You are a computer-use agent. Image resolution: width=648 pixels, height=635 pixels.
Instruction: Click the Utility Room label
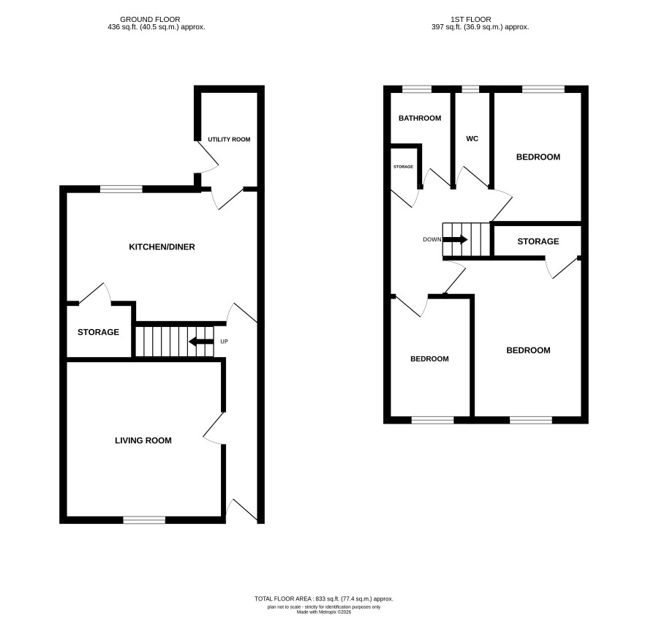click(x=229, y=139)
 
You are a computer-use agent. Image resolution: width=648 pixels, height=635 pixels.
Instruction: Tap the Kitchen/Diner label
click(x=162, y=247)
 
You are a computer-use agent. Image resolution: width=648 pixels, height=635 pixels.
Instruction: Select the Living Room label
click(x=143, y=440)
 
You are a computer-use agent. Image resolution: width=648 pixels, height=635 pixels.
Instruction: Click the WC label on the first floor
click(x=472, y=138)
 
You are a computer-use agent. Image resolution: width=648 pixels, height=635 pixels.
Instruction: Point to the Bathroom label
click(x=420, y=119)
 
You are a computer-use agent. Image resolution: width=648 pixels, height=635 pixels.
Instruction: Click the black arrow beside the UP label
click(x=201, y=342)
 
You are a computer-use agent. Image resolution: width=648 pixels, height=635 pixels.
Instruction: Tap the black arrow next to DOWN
click(x=455, y=239)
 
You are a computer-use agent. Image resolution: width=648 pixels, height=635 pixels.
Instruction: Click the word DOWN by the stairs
click(x=432, y=239)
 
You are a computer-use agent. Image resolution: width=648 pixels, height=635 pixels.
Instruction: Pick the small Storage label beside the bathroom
click(x=403, y=167)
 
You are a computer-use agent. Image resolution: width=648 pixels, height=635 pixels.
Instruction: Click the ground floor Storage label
click(x=98, y=332)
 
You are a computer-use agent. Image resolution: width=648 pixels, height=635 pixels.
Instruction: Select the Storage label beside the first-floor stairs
click(x=538, y=241)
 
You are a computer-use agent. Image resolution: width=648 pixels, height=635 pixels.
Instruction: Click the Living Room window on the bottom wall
click(x=144, y=520)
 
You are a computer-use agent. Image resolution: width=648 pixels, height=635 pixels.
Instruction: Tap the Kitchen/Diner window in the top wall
click(x=121, y=189)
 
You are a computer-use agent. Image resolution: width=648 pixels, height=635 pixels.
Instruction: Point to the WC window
click(x=470, y=89)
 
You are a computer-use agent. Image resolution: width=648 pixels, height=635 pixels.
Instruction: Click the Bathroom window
click(x=417, y=89)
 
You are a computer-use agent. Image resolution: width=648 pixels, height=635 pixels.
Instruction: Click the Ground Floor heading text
click(x=150, y=20)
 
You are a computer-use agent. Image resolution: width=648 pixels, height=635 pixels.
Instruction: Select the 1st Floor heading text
click(x=471, y=20)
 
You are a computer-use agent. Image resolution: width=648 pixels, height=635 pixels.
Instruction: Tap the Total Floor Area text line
click(x=324, y=598)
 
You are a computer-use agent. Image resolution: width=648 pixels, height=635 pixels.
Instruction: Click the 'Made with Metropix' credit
click(x=324, y=612)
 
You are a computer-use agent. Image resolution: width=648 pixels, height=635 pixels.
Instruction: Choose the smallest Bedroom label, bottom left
click(x=429, y=359)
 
